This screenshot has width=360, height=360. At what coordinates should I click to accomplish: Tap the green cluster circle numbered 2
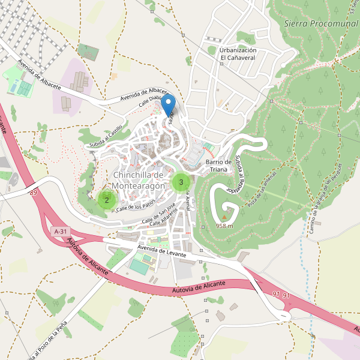click(106, 200)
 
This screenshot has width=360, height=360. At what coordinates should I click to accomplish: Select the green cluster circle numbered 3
click(181, 182)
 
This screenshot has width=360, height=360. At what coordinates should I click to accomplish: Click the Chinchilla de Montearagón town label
click(139, 181)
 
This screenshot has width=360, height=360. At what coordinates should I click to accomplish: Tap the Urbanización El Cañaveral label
click(238, 54)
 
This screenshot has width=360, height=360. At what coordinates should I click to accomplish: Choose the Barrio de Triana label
click(218, 166)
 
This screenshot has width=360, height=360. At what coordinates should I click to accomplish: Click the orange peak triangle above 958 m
click(225, 218)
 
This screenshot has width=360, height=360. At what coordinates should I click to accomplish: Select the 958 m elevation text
click(224, 226)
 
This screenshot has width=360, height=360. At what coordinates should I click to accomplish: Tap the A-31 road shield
click(60, 231)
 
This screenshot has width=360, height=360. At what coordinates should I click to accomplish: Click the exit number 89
click(32, 192)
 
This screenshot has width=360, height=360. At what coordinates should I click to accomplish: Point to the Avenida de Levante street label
click(162, 251)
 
